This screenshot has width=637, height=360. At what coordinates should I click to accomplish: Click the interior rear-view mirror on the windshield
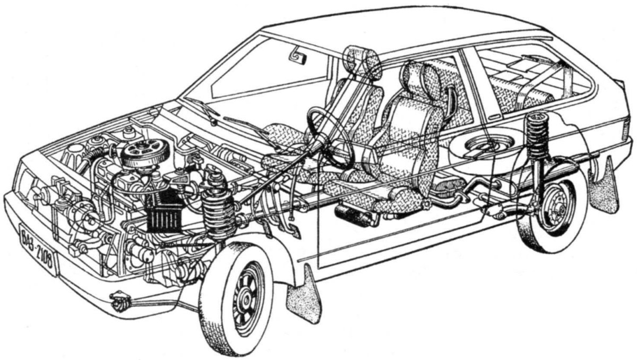(298, 57)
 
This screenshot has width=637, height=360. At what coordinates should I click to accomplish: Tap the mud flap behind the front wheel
(304, 296)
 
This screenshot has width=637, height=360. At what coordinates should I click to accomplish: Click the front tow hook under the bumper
(120, 302)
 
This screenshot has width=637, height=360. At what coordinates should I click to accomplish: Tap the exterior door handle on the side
(496, 116)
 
